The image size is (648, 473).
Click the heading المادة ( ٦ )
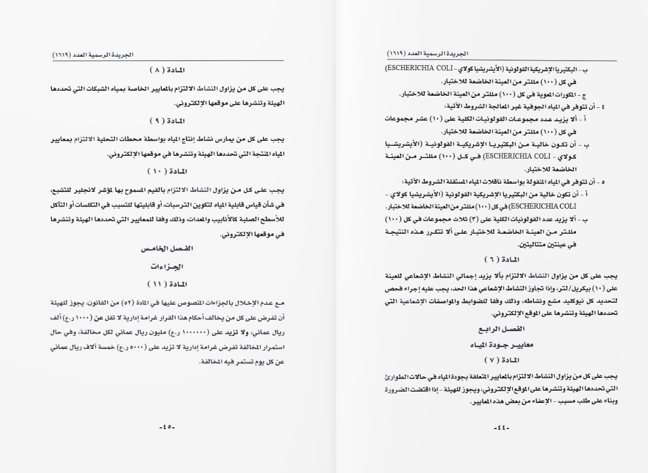pos(500,260)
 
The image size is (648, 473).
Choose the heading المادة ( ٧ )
pos(500,360)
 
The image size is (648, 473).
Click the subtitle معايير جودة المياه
pos(500,344)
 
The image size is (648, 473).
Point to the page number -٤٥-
pos(167,427)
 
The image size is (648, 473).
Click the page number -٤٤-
pos(501,427)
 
